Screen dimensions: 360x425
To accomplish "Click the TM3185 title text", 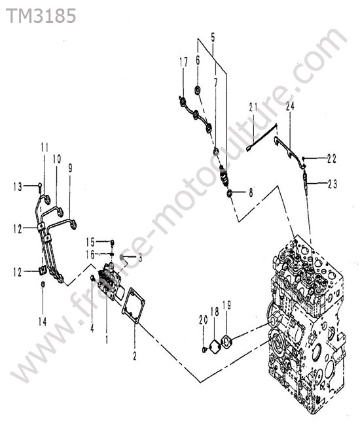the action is coord(41,16).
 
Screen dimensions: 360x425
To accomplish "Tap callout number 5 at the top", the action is coord(213,37).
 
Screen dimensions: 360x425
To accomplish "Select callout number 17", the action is coord(183,62).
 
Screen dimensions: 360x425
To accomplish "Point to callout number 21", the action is coord(253,108).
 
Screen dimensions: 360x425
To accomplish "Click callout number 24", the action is coord(290,106).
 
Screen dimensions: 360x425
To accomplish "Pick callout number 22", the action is coord(331,159).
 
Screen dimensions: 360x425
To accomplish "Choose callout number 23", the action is coord(332,184).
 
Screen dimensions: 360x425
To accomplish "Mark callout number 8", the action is coord(251,193).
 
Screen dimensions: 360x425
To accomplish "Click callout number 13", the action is coord(18,186).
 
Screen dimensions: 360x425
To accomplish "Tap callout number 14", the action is coord(43,322).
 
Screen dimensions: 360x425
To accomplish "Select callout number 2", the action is coord(135,356).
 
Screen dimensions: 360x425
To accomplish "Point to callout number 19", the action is coord(226,305).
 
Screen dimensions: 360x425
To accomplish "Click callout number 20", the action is coord(203,320).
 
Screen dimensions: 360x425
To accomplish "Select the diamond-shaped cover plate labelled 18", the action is coord(215,345).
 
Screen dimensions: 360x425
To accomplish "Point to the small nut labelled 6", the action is coord(198,90).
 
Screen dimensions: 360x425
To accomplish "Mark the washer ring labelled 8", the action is coord(230,194).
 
